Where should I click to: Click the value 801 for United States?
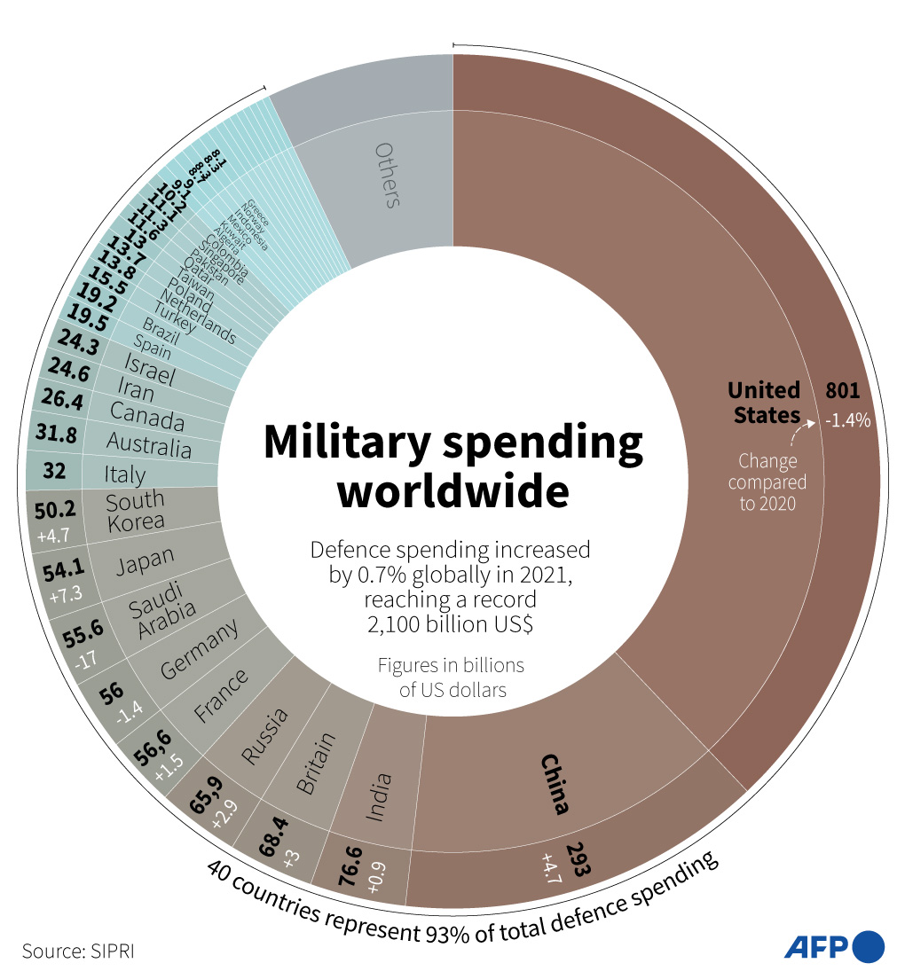click(843, 390)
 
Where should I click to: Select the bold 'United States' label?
click(764, 402)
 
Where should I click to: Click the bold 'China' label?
click(555, 784)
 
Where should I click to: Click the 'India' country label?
click(379, 795)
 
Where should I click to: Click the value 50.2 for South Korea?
click(54, 510)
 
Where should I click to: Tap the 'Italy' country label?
click(124, 474)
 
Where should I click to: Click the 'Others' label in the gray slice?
click(388, 175)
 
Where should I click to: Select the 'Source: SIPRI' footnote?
click(79, 951)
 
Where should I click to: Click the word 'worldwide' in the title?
click(452, 493)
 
